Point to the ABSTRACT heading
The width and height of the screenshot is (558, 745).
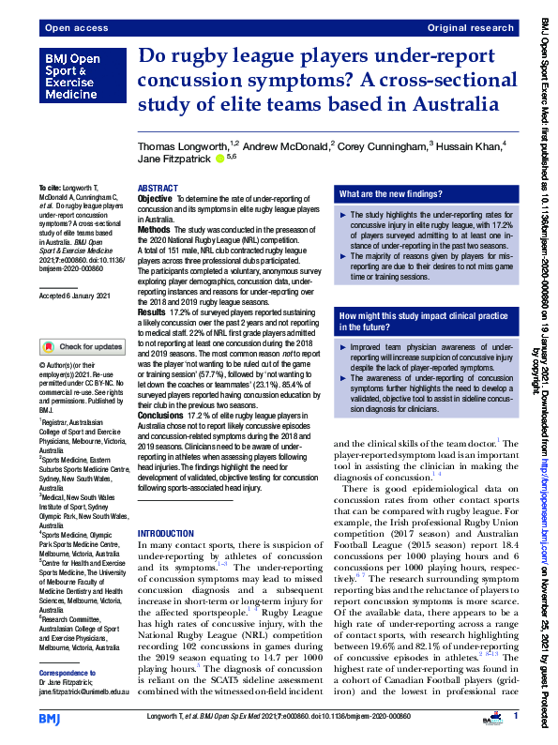[158, 189]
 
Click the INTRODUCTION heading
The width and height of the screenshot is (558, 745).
[166, 532]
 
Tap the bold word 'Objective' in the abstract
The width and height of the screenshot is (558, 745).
[155, 200]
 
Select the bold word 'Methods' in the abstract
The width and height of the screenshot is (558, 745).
[154, 229]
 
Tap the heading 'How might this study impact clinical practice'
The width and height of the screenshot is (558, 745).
[417, 316]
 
